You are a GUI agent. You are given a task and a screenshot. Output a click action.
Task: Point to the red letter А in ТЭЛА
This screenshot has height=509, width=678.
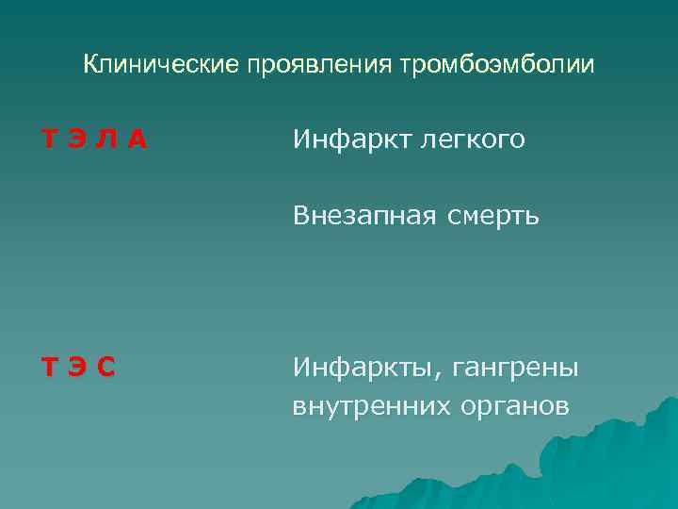(137, 140)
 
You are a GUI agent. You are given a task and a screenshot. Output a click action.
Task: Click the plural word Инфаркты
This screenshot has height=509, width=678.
(363, 367)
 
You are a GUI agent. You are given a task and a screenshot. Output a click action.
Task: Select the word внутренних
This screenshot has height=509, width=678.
(365, 406)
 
